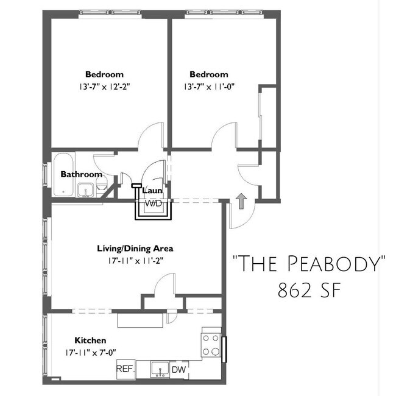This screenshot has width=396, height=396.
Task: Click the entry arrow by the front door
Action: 242,201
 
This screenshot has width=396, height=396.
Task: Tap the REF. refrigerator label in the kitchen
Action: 126,369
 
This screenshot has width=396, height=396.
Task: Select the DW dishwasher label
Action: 179,370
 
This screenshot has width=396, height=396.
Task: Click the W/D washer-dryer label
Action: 154,203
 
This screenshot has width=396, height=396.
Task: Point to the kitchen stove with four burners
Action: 211,345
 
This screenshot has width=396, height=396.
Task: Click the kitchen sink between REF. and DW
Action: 160,370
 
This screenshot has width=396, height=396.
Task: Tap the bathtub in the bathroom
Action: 63,174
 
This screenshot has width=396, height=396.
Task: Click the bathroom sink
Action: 85,190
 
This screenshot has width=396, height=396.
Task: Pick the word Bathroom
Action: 81,174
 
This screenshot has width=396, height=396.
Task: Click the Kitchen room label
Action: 90,340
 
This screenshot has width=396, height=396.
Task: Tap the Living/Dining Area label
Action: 135,249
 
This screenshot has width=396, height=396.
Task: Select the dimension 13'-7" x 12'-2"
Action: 104,87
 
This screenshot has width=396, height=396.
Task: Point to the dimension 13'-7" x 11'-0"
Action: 209,87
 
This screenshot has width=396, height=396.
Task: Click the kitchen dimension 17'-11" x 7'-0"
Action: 90,352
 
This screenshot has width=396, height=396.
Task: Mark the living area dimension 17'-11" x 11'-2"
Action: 135,261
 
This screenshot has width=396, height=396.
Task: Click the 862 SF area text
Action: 309,290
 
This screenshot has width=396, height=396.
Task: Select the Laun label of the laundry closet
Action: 152,190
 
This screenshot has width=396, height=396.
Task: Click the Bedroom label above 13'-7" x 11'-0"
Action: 209,74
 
